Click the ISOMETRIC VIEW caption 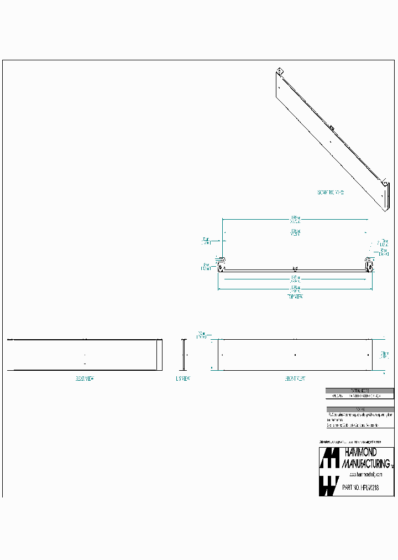pos(331,193)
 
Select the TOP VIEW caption pos(295,297)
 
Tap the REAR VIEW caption pos(84,378)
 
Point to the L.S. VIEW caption pos(183,378)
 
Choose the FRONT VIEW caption pos(295,378)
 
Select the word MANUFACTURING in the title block pos(366,463)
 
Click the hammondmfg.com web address pos(366,475)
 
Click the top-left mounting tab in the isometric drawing pos(280,71)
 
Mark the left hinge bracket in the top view pos(221,265)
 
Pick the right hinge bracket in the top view pos(369,264)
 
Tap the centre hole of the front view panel pos(295,354)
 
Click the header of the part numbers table pos(360,390)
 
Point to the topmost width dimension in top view pos(295,218)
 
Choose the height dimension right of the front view pos(384,354)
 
